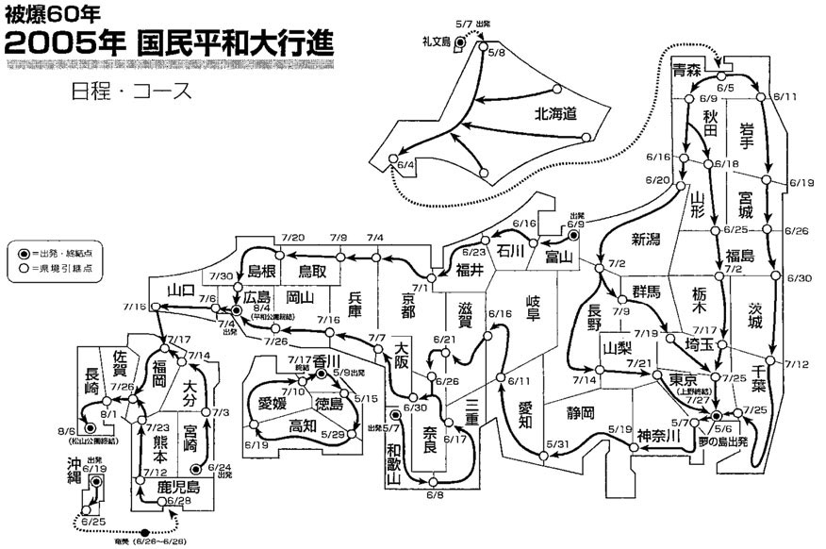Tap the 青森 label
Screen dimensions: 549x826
click(x=686, y=71)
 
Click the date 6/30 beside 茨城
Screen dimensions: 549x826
click(x=797, y=278)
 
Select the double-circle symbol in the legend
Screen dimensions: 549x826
click(x=23, y=255)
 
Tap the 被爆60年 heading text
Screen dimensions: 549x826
click(x=41, y=14)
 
